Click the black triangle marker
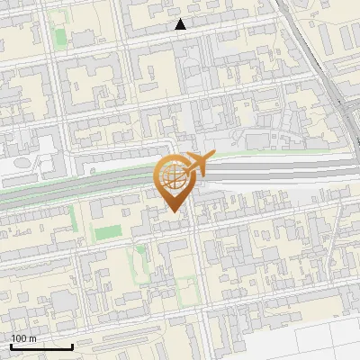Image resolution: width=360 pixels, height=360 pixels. pos(181,24)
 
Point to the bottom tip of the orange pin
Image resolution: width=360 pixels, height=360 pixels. pos(172,212)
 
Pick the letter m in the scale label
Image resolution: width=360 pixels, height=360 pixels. pos(32,338)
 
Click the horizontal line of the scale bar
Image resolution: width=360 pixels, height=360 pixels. pos(41,346)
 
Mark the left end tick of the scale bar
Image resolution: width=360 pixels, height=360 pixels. pos(11,345)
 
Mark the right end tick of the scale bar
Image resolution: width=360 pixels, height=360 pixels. pos(72,345)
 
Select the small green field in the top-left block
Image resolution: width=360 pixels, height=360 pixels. pos(60,38)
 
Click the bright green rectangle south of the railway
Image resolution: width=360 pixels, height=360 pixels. pos(108,232)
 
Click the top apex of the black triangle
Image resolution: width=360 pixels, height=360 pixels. pos(181,19)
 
